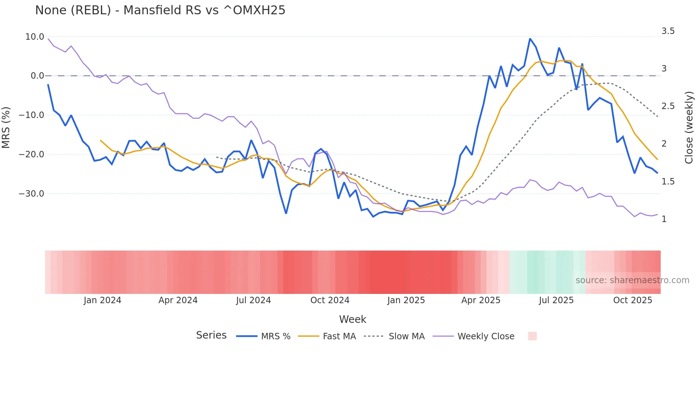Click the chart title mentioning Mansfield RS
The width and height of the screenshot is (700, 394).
tap(160, 10)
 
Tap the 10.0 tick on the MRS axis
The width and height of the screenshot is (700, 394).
tap(35, 36)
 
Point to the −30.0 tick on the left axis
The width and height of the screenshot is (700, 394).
tap(31, 193)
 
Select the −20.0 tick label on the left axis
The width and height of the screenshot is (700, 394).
tap(31, 154)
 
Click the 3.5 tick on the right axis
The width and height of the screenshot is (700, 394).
tap(668, 31)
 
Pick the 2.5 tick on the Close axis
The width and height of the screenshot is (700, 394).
tap(668, 106)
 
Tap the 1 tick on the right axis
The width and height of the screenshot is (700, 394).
tap(664, 219)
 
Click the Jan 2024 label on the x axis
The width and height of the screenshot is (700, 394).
tap(102, 300)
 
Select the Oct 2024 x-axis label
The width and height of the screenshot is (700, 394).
tap(330, 300)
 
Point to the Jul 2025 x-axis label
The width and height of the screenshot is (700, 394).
tap(556, 300)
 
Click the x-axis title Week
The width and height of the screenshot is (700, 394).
tap(352, 319)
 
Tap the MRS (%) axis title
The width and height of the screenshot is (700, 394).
tap(6, 127)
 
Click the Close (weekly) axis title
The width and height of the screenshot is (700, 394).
tap(689, 127)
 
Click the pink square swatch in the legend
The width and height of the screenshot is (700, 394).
tap(532, 336)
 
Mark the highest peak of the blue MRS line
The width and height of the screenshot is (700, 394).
tap(530, 39)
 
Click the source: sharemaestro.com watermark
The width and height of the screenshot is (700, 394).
tap(632, 280)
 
